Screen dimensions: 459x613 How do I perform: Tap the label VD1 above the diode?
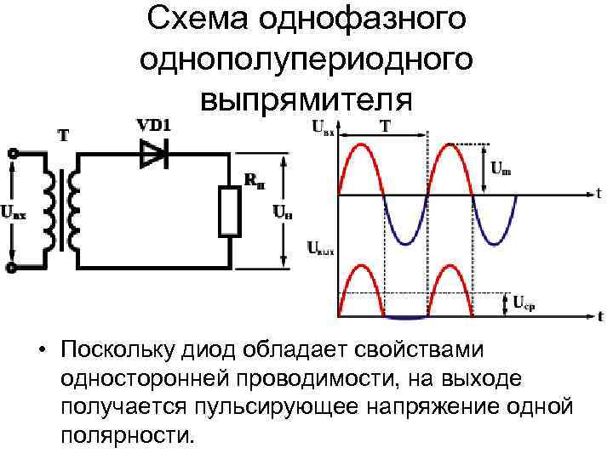click(155, 125)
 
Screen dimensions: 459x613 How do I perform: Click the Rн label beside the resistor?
click(254, 179)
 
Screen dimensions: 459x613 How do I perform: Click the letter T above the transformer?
click(64, 134)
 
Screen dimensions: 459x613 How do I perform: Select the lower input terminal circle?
click(13, 267)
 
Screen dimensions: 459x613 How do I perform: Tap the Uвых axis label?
click(320, 250)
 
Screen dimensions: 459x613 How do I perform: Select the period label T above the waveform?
click(385, 127)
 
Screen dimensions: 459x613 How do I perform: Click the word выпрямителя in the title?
click(306, 98)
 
